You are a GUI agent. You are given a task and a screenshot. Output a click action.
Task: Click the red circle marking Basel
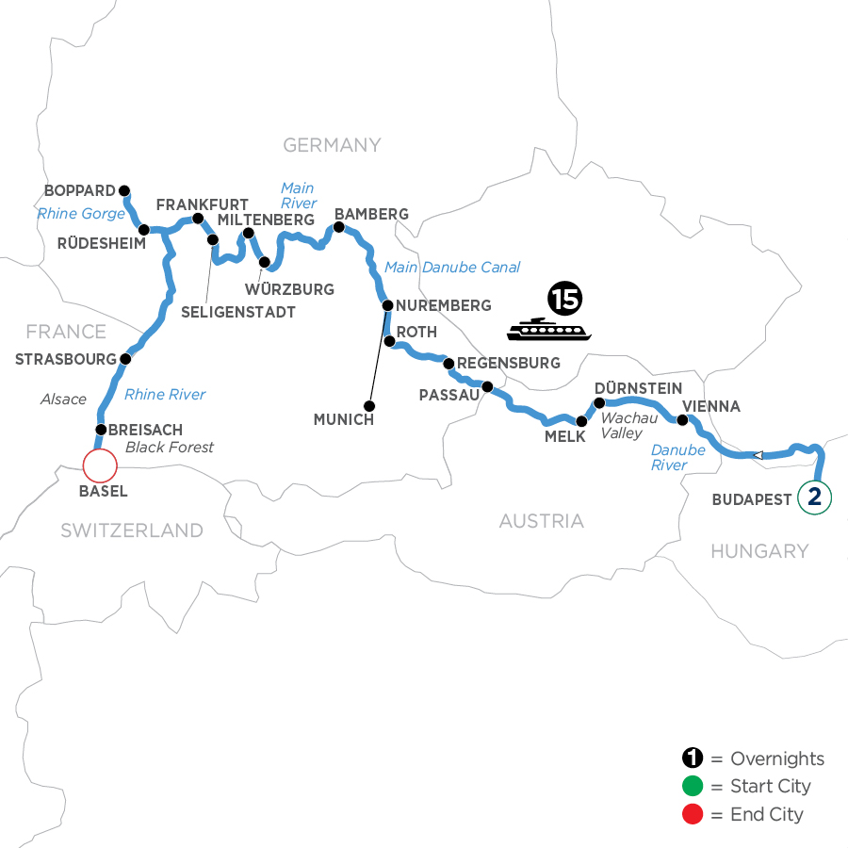point(99,465)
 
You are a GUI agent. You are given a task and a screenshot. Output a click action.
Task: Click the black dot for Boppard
point(123,188)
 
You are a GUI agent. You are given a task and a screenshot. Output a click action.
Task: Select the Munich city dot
point(369,406)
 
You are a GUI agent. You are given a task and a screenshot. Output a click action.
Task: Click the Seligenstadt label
point(237,312)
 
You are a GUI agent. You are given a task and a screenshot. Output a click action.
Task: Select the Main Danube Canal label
point(452,268)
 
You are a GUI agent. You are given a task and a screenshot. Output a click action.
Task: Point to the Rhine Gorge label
point(81,214)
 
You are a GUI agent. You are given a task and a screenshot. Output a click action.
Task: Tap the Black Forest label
point(170,448)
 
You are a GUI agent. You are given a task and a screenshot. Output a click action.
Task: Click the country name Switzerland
point(132,530)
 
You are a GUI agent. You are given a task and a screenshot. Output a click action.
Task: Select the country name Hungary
point(759,551)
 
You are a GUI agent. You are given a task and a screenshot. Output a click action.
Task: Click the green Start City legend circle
point(693,787)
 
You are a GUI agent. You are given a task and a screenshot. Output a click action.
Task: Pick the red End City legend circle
point(693,814)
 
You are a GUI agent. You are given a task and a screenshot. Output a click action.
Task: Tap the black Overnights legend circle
point(693,759)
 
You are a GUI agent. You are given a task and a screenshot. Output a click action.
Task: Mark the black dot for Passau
point(487,386)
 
